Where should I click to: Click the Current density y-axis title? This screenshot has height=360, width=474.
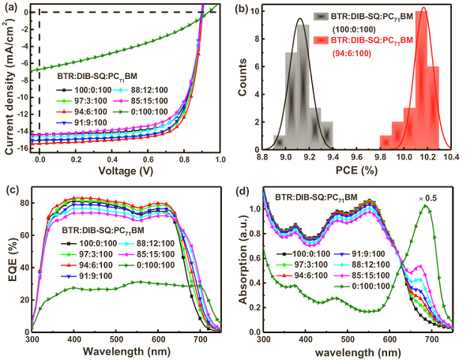click(x=8, y=79)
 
